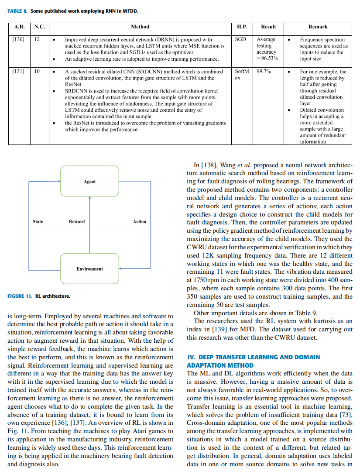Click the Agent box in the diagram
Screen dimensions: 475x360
[x=89, y=181]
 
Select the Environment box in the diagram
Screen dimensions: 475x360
[x=89, y=268]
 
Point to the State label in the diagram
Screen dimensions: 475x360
[x=38, y=221]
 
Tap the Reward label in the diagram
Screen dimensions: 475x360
[x=77, y=221]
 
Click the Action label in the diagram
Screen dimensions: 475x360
[x=140, y=221]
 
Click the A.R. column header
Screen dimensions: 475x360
[x=19, y=27]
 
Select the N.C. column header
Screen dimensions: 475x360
[x=39, y=27]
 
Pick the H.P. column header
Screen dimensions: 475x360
[x=242, y=27]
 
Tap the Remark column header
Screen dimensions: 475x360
[x=318, y=27]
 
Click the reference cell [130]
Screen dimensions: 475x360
[x=18, y=40]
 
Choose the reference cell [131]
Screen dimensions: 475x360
[x=18, y=72]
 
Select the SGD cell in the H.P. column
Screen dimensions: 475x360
[x=240, y=40]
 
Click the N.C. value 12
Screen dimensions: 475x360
[x=37, y=40]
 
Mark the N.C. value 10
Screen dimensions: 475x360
[x=37, y=72]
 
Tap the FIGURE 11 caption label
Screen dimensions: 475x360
[x=20, y=296]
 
